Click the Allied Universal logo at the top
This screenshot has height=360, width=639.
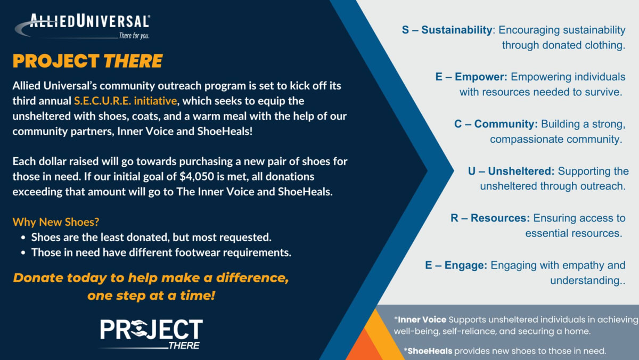[82, 26]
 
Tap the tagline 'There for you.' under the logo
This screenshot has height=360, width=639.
[134, 36]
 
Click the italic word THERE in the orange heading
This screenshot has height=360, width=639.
[133, 61]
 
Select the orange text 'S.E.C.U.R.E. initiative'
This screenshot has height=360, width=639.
[126, 101]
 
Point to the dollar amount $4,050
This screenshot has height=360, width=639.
[197, 177]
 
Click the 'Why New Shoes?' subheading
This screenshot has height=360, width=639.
[56, 222]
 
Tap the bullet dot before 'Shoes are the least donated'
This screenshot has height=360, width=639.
[23, 238]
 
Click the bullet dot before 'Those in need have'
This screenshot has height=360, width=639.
[23, 253]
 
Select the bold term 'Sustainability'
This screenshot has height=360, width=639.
[457, 30]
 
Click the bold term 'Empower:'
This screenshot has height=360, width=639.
[481, 77]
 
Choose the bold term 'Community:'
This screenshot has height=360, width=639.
[506, 124]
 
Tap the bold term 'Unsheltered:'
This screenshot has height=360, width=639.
[521, 171]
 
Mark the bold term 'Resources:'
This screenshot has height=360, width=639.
[500, 218]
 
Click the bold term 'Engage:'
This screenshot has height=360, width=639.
[466, 265]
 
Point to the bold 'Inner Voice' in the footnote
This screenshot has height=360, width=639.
[422, 320]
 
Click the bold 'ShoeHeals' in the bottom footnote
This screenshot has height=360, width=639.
[430, 351]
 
